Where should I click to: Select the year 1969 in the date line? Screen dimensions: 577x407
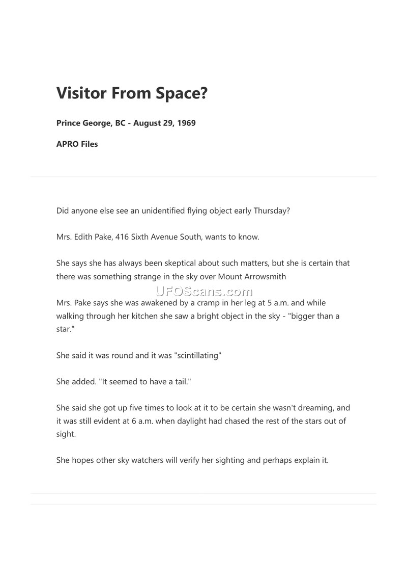(x=186, y=123)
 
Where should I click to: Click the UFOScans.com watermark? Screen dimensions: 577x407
(x=203, y=292)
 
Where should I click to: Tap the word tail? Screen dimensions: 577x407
(x=180, y=382)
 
